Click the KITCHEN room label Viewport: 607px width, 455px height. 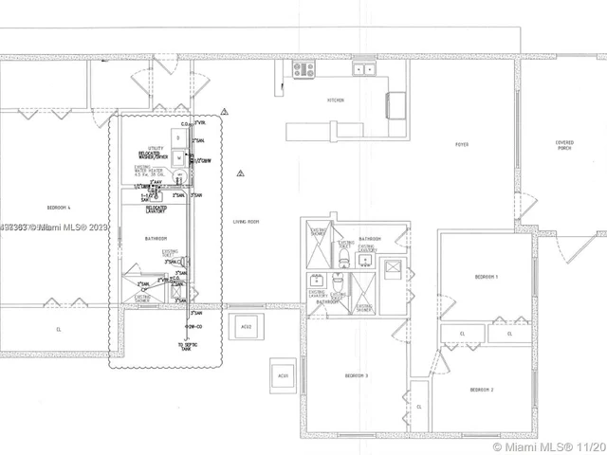click(x=335, y=100)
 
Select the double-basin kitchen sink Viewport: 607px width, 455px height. click(x=364, y=68)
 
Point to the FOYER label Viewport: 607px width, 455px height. click(x=462, y=145)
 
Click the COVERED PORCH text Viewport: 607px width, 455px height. click(x=564, y=145)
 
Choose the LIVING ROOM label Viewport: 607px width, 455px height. click(x=247, y=222)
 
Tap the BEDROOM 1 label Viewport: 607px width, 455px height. click(x=487, y=276)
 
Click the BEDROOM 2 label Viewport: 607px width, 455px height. click(x=482, y=390)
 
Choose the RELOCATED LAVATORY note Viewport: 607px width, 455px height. click(x=156, y=207)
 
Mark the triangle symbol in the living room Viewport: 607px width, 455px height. click(x=241, y=173)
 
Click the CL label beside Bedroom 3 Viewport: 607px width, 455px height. click(x=418, y=406)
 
